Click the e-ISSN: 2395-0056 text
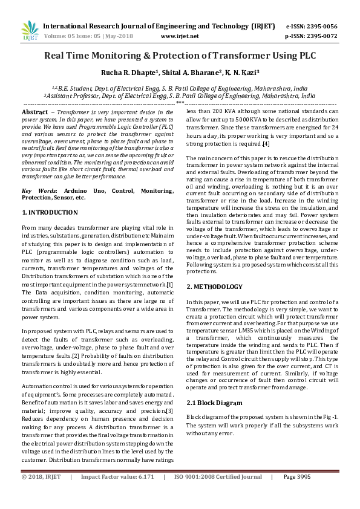[x=311, y=27]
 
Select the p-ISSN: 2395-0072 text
[x=311, y=36]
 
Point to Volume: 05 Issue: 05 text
[x=72, y=36]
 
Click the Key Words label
[x=37, y=190]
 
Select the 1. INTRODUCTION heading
[x=50, y=213]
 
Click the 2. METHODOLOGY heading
[x=215, y=287]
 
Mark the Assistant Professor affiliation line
[x=180, y=96]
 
